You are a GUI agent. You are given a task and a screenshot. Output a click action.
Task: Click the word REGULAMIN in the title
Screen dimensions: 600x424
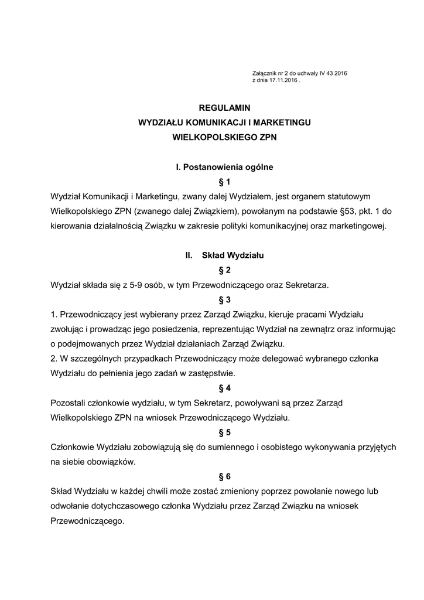click(x=224, y=108)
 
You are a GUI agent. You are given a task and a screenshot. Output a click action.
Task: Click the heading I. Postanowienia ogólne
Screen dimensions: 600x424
click(x=224, y=167)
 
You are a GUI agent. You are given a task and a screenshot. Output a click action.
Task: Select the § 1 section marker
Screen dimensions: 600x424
click(x=224, y=182)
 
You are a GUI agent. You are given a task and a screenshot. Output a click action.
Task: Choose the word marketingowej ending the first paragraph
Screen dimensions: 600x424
click(x=359, y=226)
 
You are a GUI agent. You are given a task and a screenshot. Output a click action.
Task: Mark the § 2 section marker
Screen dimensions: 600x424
click(x=224, y=270)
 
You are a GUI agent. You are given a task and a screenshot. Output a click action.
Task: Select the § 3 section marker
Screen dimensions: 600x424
click(x=224, y=300)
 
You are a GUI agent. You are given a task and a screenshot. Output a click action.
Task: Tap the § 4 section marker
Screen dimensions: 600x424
click(x=224, y=388)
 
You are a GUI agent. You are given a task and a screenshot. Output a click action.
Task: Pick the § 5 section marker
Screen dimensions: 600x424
click(x=224, y=432)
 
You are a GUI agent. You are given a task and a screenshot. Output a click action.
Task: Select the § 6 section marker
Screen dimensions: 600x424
click(x=224, y=476)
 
